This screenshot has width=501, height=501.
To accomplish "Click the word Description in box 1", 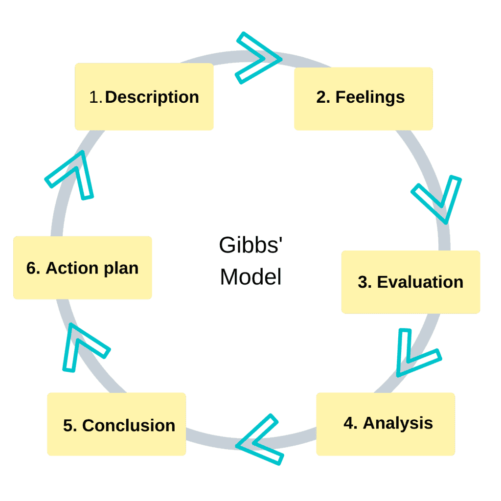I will click(x=152, y=97).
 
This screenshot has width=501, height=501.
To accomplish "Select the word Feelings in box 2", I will click(x=370, y=97).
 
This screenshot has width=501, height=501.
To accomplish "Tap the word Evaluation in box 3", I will click(x=420, y=282).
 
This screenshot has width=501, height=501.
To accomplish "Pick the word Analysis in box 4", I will click(x=398, y=423).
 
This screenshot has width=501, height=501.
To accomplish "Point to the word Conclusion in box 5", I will click(x=129, y=425).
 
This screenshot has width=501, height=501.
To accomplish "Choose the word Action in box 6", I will click(x=69, y=268).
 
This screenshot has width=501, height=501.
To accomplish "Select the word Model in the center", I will click(x=250, y=277).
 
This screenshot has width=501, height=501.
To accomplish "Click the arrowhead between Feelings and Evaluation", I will click(x=438, y=198).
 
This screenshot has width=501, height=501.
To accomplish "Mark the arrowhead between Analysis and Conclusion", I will click(x=258, y=439).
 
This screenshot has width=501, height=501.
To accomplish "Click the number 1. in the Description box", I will click(x=96, y=97).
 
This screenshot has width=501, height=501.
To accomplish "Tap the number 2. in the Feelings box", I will click(x=323, y=97).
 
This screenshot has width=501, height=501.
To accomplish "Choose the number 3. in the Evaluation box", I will click(x=364, y=282).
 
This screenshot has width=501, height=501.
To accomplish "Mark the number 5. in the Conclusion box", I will click(x=70, y=426).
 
